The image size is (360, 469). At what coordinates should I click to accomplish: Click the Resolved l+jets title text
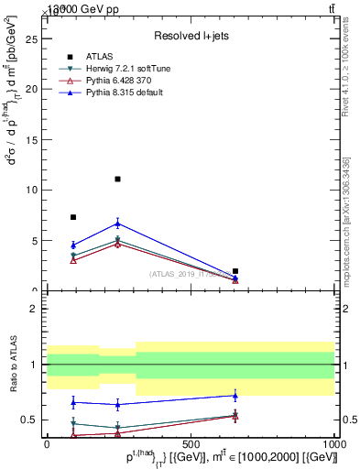pyautogui.click(x=190, y=35)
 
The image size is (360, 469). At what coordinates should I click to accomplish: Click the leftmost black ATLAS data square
pyautogui.click(x=73, y=217)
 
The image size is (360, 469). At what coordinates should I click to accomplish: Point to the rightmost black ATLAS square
pyautogui.click(x=235, y=271)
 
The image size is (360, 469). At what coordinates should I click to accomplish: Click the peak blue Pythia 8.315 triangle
pyautogui.click(x=117, y=223)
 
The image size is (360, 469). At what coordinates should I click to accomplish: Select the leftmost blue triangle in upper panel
pyautogui.click(x=73, y=245)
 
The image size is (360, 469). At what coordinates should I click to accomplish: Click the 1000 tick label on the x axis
pyautogui.click(x=333, y=443)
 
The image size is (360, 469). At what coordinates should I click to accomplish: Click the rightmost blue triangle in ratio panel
pyautogui.click(x=235, y=396)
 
